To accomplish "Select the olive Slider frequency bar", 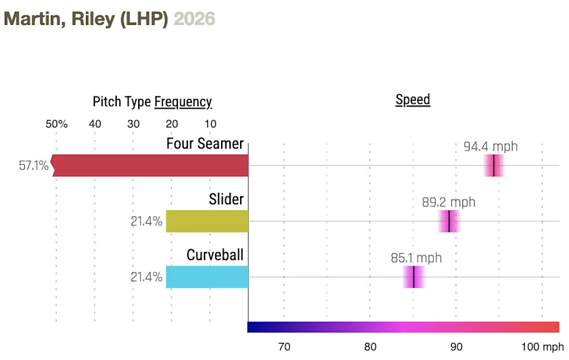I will coord(207,221).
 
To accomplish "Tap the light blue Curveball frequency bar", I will coord(207,277).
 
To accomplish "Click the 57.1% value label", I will coord(33,165).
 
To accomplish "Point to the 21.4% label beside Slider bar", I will coord(146,222).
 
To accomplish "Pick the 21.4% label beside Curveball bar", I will coord(146,277).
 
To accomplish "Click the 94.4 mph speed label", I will coord(490,146).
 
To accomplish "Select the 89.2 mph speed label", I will coord(449,202).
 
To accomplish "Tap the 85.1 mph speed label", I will coord(416,258).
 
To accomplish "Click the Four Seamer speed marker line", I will coord(494,165).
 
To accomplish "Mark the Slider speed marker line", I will coord(449,221).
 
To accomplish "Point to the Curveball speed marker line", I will coord(413,277).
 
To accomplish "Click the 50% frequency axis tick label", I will coord(56,125).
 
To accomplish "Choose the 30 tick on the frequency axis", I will coord(133,125).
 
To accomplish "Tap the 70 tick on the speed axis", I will coord(284,346).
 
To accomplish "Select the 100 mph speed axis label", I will coord(542,346).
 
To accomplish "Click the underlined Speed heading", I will coord(413,100).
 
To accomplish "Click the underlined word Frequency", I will coord(183,102).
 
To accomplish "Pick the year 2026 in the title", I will coord(194,19).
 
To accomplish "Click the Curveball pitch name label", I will coord(215,255).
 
